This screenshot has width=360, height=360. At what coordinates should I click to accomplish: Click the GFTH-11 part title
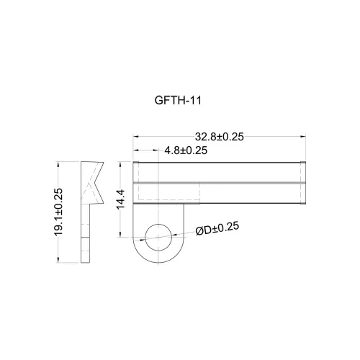(x=178, y=100)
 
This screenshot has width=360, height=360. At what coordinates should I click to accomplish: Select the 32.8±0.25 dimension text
(x=220, y=137)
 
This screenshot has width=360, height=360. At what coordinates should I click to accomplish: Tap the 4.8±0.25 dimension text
(x=186, y=150)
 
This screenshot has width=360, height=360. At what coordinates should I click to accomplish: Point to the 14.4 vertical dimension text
(x=121, y=199)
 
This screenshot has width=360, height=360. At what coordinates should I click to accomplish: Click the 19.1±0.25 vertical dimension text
(x=58, y=212)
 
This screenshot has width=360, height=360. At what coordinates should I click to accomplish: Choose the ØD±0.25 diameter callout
(x=217, y=229)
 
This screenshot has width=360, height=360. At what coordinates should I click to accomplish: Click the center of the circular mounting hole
(x=158, y=238)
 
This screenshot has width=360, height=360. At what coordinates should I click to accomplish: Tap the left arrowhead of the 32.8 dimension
(x=136, y=137)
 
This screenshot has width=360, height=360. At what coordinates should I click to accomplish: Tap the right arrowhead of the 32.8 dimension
(x=303, y=137)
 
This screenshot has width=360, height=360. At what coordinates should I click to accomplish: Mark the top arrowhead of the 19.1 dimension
(x=58, y=165)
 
